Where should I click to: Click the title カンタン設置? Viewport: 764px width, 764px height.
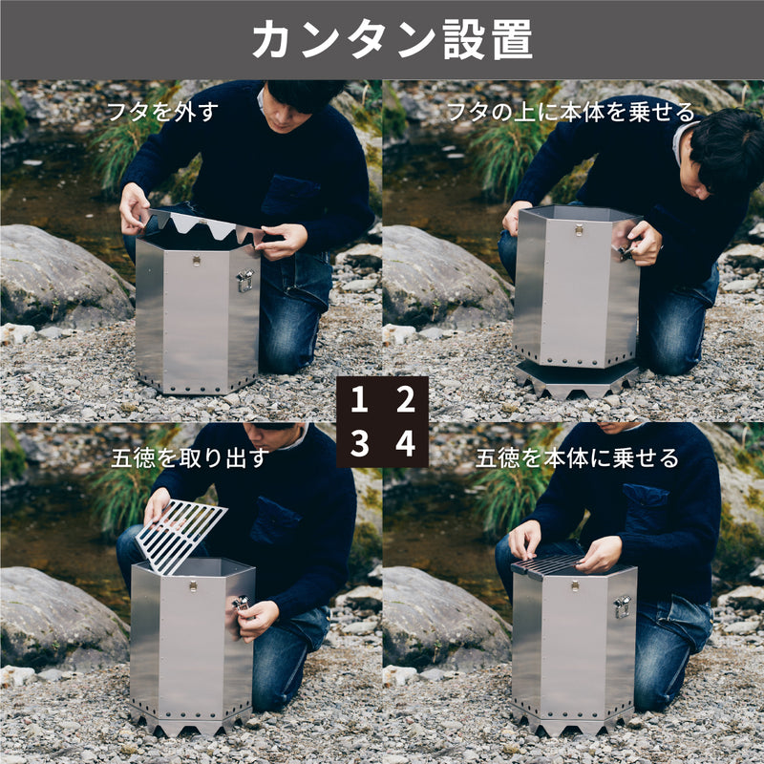(x=392, y=40)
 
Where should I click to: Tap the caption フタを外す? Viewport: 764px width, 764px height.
(x=162, y=112)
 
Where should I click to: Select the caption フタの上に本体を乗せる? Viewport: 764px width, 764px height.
(x=570, y=112)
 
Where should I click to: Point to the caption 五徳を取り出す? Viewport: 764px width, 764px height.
(x=190, y=458)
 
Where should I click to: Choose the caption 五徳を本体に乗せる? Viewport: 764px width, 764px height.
(x=577, y=458)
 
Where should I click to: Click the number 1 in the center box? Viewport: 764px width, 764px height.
(x=359, y=399)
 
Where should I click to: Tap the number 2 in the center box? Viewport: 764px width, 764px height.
(x=405, y=399)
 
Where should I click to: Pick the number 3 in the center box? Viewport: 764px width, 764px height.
(x=359, y=443)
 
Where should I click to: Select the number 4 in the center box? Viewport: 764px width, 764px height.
(x=405, y=443)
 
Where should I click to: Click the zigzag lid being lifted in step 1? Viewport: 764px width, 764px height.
(x=204, y=224)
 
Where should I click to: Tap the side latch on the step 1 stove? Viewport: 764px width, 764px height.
(x=245, y=281)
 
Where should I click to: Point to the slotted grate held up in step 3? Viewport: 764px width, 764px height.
(x=180, y=535)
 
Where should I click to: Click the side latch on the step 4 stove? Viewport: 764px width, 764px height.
(x=623, y=607)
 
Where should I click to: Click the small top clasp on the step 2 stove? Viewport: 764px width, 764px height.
(x=579, y=230)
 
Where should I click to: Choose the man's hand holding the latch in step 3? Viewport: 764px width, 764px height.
(x=256, y=619)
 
